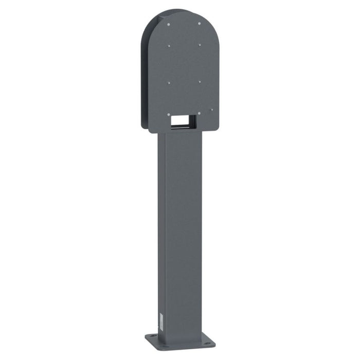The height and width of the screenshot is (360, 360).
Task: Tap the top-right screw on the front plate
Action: tap(200, 23)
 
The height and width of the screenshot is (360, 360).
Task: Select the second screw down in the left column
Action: tap(169, 45)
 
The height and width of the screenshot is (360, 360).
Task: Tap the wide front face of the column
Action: tap(183, 231)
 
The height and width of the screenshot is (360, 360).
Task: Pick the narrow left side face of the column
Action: tap(161, 231)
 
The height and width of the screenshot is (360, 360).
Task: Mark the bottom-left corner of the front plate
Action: tap(149, 131)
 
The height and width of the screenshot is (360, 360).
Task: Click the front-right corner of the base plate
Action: tap(214, 343)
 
